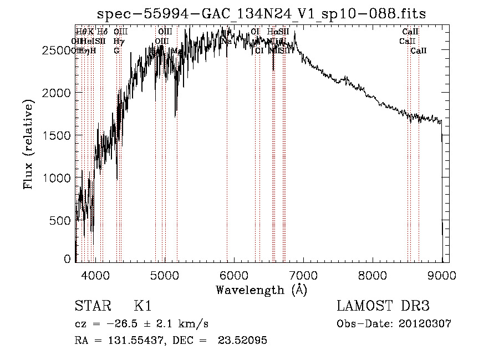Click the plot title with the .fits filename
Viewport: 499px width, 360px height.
pos(261,14)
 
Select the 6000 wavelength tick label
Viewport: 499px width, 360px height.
pos(233,275)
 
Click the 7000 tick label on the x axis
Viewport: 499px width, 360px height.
pos(303,275)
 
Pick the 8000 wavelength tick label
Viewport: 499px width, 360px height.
pos(373,275)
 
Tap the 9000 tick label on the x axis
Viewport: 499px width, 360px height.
pos(442,275)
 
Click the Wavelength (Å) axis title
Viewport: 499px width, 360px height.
pos(261,290)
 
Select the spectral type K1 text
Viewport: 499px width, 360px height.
pos(142,306)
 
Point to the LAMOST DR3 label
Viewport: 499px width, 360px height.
pos(383,306)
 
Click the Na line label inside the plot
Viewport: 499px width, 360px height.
pos(226,42)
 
